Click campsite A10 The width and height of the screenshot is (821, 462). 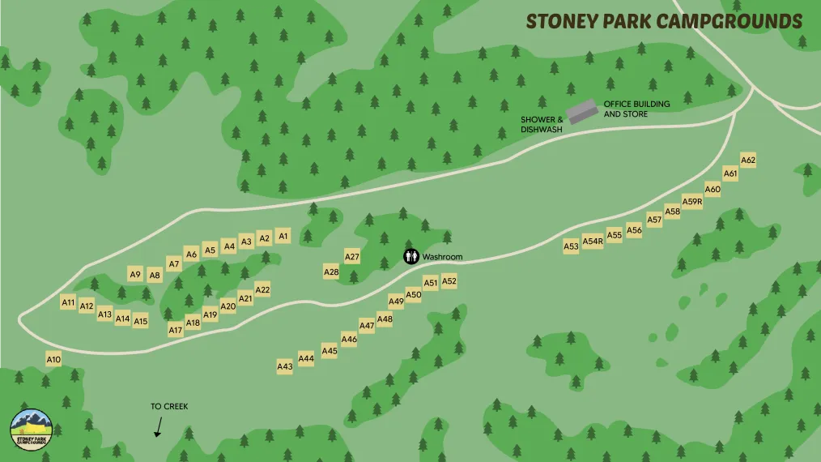coord(53,359)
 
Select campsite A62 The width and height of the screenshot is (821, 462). coord(748,160)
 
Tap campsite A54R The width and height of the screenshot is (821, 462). coord(593,241)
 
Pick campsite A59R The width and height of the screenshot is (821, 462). coord(692,202)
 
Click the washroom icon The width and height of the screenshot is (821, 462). coord(412,257)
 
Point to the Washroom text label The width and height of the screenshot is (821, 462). coord(442,257)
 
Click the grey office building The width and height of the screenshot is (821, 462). coord(581,112)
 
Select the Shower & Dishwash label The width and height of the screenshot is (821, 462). coord(542,124)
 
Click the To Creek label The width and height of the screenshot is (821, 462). coord(169,406)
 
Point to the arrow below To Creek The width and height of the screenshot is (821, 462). coord(159,427)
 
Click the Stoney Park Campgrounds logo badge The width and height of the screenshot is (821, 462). coord(32,429)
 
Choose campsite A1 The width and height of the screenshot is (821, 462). coord(283,236)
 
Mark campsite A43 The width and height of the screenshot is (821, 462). coord(285,366)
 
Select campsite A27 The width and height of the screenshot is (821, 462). coord(352,257)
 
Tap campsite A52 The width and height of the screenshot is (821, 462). coord(449,281)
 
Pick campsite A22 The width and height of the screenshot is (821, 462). coord(262,289)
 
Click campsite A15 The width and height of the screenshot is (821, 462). coord(141,321)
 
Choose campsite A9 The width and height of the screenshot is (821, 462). coord(135,274)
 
